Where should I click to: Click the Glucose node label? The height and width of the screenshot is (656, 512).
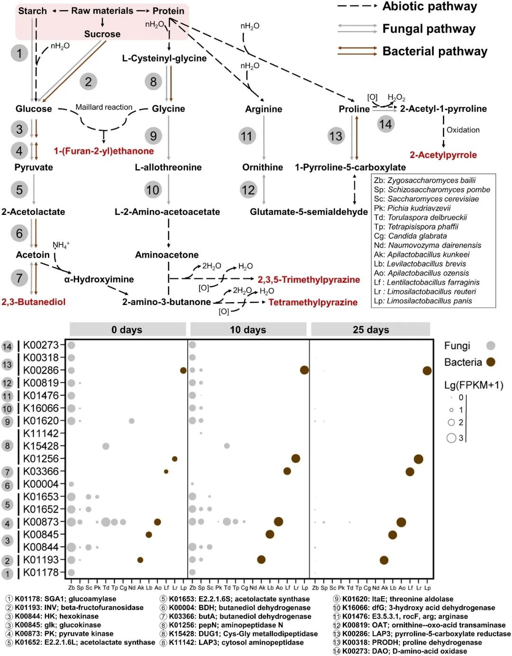pos(34,109)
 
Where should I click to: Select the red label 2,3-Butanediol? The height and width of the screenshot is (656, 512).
pos(34,302)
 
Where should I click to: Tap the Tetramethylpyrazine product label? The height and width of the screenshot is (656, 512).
pos(313,302)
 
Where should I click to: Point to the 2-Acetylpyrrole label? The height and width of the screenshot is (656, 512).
pos(443,155)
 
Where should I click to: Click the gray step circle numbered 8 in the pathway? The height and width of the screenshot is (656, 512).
pos(153,82)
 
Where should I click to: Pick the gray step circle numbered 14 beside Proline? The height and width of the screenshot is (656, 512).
pos(385,124)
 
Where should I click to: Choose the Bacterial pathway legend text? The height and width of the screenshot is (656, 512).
pos(435,51)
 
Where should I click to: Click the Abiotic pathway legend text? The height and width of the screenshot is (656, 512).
pos(430,7)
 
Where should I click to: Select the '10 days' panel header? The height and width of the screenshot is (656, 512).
pos(248,330)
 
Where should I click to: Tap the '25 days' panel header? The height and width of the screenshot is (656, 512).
pos(371,330)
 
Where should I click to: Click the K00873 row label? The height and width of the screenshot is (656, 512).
pos(41,522)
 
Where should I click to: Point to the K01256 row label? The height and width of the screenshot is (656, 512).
pos(41,459)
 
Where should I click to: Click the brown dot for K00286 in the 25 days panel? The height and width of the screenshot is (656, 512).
pos(427,370)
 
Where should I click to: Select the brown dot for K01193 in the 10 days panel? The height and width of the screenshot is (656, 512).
pos(261,560)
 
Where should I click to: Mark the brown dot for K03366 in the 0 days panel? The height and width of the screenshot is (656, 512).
pos(166,471)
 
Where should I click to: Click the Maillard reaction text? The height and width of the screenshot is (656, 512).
pos(104,107)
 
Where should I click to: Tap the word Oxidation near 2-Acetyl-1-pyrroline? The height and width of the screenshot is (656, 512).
pos(463,130)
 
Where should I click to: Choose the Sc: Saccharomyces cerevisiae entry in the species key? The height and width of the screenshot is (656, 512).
pos(426,199)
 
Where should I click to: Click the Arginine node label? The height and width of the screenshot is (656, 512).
pos(264,109)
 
